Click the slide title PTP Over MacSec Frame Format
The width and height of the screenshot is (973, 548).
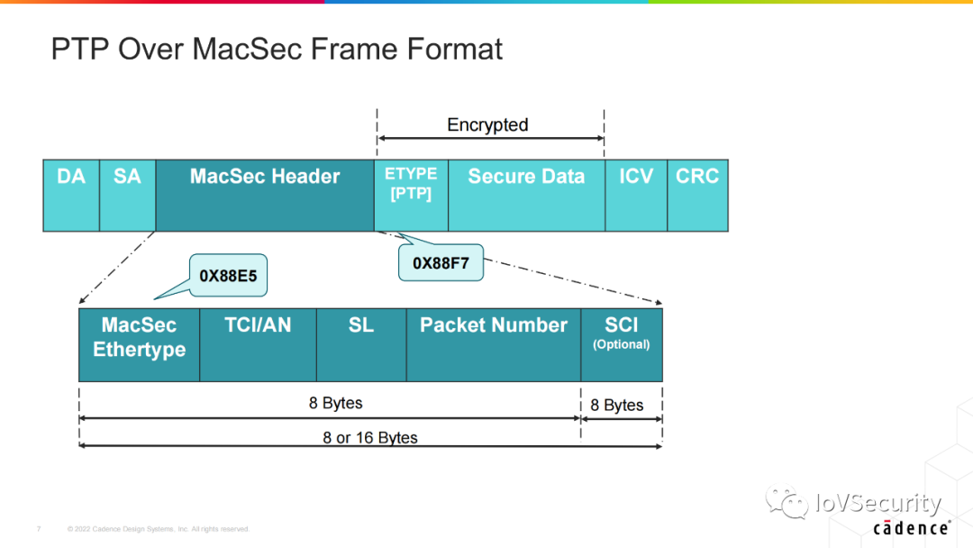point(277,49)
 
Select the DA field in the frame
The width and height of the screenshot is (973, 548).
point(71,195)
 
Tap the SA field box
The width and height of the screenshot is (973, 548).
point(127,195)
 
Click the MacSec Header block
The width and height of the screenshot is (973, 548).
point(265,195)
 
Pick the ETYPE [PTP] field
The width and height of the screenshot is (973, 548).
point(411,195)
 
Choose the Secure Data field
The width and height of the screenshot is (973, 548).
point(526,195)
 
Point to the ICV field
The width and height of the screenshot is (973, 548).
point(636,195)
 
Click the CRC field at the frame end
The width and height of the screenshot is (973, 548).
point(697,195)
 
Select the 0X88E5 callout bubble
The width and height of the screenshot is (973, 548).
point(228,276)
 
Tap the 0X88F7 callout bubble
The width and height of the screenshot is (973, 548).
point(441,263)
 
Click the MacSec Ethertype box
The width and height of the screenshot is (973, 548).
point(139,344)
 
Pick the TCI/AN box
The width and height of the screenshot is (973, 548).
point(258,344)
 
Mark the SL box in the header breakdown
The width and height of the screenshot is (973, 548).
point(361,344)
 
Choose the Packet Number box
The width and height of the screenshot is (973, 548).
point(494,344)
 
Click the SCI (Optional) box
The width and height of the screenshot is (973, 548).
point(622,344)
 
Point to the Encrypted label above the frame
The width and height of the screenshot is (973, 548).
point(487,125)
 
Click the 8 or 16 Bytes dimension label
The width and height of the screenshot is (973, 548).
point(370,438)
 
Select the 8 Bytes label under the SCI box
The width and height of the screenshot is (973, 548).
point(617,406)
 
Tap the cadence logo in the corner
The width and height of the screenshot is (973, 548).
point(911,527)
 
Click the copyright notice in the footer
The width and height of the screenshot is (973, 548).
point(159,529)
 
